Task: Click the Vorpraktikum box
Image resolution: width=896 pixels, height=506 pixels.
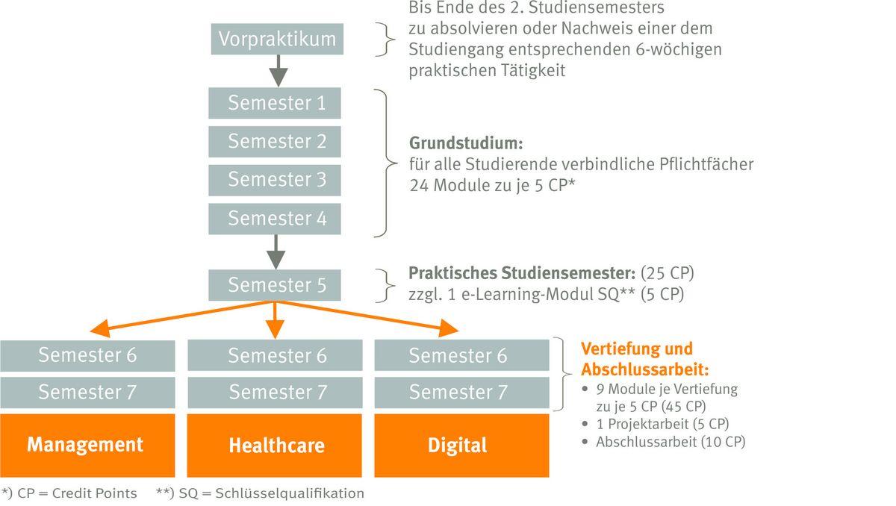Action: (x=277, y=39)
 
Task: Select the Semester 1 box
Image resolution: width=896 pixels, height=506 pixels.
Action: (x=275, y=103)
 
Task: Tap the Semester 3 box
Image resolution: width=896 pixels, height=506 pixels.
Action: (x=275, y=181)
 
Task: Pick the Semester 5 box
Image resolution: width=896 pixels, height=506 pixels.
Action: (x=275, y=285)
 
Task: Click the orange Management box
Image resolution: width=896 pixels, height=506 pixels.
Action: (x=87, y=446)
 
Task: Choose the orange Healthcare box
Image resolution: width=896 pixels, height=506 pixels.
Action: (x=275, y=446)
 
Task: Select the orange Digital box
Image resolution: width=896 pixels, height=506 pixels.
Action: (x=461, y=446)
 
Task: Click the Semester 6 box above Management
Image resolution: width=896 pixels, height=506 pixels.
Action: (x=87, y=355)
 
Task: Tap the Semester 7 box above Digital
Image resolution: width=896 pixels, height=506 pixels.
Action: (x=461, y=393)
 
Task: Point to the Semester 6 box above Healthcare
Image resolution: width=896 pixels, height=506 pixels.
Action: (x=275, y=355)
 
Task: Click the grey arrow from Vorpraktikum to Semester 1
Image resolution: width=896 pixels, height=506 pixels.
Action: (x=279, y=71)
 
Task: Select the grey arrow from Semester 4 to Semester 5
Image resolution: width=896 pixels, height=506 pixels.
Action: (x=276, y=252)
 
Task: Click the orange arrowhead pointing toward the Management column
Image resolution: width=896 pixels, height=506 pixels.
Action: (x=99, y=328)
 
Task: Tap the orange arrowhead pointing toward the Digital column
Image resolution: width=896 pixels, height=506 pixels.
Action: (x=449, y=328)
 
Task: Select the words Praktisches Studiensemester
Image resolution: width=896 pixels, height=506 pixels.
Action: (x=522, y=273)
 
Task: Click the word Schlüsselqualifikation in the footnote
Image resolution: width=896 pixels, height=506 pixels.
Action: (x=290, y=493)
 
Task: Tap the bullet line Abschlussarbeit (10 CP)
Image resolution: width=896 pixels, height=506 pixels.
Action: (x=671, y=442)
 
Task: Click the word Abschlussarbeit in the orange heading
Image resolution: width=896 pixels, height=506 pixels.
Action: (x=645, y=369)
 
